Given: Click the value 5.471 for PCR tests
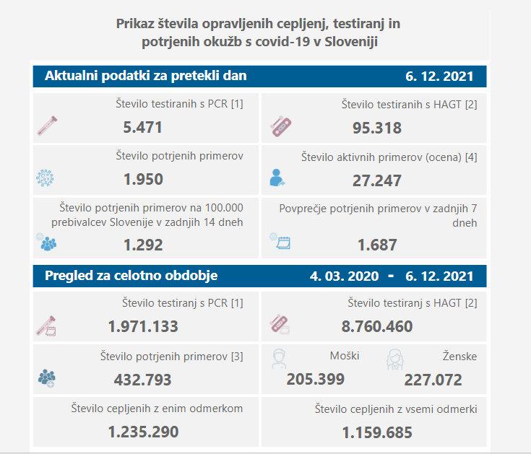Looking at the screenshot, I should (142, 128).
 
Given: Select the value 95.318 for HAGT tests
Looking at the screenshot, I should (376, 128).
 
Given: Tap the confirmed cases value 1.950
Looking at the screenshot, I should (142, 179).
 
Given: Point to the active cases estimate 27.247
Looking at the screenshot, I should (376, 180).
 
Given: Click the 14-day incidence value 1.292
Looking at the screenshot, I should (142, 245).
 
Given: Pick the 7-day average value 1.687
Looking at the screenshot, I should (377, 245).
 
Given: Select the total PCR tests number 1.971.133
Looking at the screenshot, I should (143, 326).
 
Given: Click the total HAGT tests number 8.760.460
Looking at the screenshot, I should (376, 326).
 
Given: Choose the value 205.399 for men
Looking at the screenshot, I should (315, 378).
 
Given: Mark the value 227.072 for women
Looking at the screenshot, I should (433, 379).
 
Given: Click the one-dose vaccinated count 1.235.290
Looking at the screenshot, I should (143, 432).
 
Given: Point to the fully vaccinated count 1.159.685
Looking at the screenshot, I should (376, 432).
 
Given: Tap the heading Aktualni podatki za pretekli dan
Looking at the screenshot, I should (145, 76).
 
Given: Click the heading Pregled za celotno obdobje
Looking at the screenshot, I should (131, 276).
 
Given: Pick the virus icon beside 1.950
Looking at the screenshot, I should (46, 178).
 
